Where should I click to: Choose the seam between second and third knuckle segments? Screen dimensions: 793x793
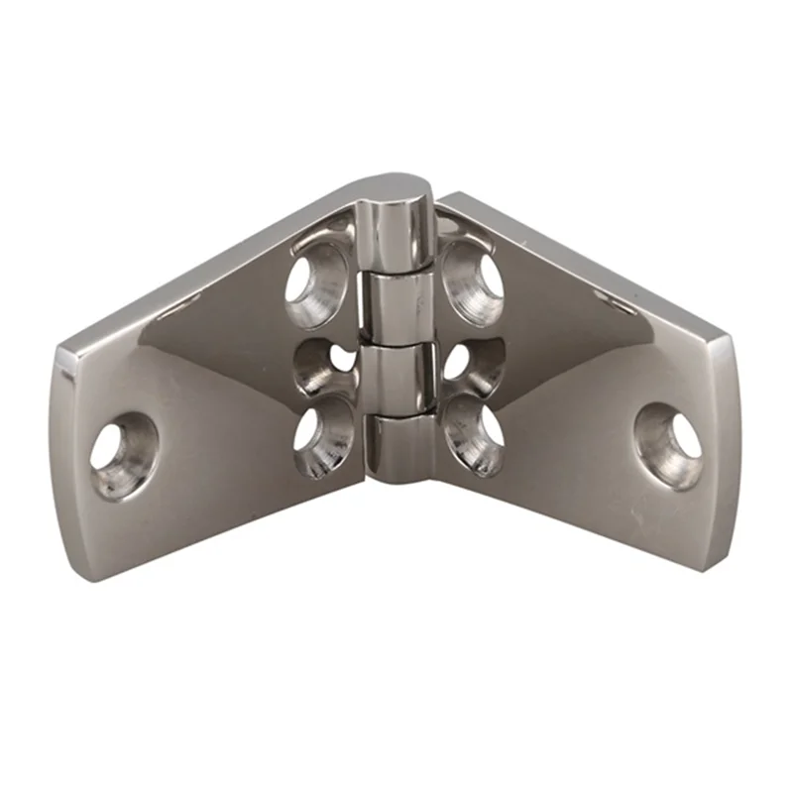click(x=396, y=343)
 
